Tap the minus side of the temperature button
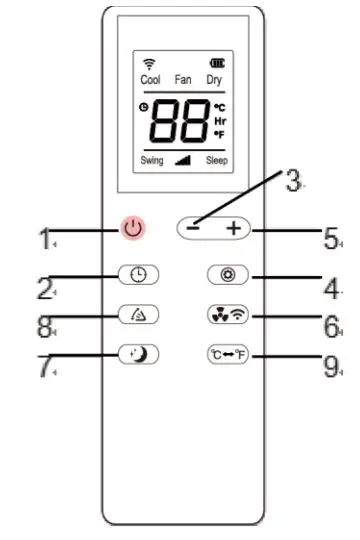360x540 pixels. (x=195, y=229)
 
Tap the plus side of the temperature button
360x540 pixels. (x=232, y=229)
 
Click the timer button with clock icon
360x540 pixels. (x=137, y=272)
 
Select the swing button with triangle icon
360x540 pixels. (x=137, y=314)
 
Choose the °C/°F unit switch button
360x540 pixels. (x=227, y=354)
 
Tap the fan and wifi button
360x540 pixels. (x=227, y=314)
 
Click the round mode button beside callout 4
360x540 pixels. (x=227, y=272)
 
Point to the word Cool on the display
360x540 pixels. (x=151, y=79)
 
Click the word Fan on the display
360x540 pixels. (x=183, y=79)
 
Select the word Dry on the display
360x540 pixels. (x=214, y=79)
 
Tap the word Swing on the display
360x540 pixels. (x=152, y=160)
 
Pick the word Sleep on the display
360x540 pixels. (x=216, y=160)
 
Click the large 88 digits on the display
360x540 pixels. (x=179, y=121)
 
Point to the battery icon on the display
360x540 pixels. (x=216, y=64)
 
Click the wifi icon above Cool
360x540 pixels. (x=150, y=64)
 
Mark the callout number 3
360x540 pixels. (x=292, y=181)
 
